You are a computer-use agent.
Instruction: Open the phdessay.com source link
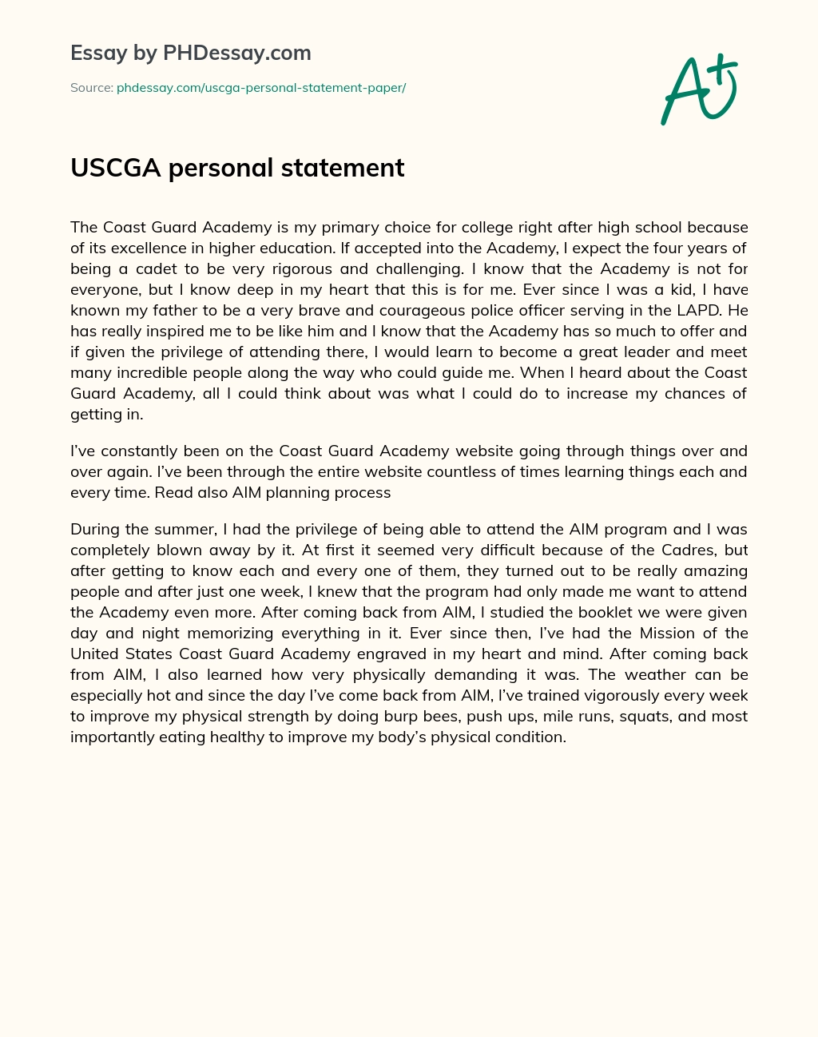[x=261, y=88]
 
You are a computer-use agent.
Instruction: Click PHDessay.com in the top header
[x=236, y=54]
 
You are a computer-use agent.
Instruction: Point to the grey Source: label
[x=92, y=88]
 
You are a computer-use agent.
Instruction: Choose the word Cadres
[x=685, y=550]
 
